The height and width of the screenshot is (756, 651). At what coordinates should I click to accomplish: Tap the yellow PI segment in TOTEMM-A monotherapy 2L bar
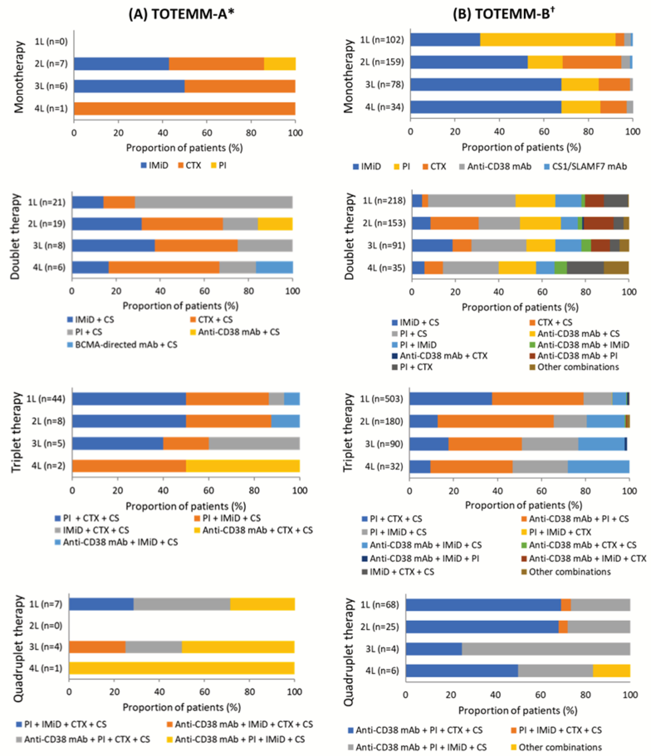click(280, 64)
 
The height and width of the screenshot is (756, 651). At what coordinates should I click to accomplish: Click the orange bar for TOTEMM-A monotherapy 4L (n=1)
click(184, 109)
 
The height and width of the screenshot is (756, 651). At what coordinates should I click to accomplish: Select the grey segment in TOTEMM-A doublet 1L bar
click(214, 202)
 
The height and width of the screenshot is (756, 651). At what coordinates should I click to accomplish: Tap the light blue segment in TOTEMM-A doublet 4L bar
click(274, 267)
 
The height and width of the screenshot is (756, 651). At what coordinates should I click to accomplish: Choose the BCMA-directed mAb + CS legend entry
click(122, 345)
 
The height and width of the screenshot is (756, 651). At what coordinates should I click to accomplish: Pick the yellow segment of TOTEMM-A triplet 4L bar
click(243, 466)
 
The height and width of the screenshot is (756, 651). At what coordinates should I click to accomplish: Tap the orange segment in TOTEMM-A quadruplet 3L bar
click(97, 647)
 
